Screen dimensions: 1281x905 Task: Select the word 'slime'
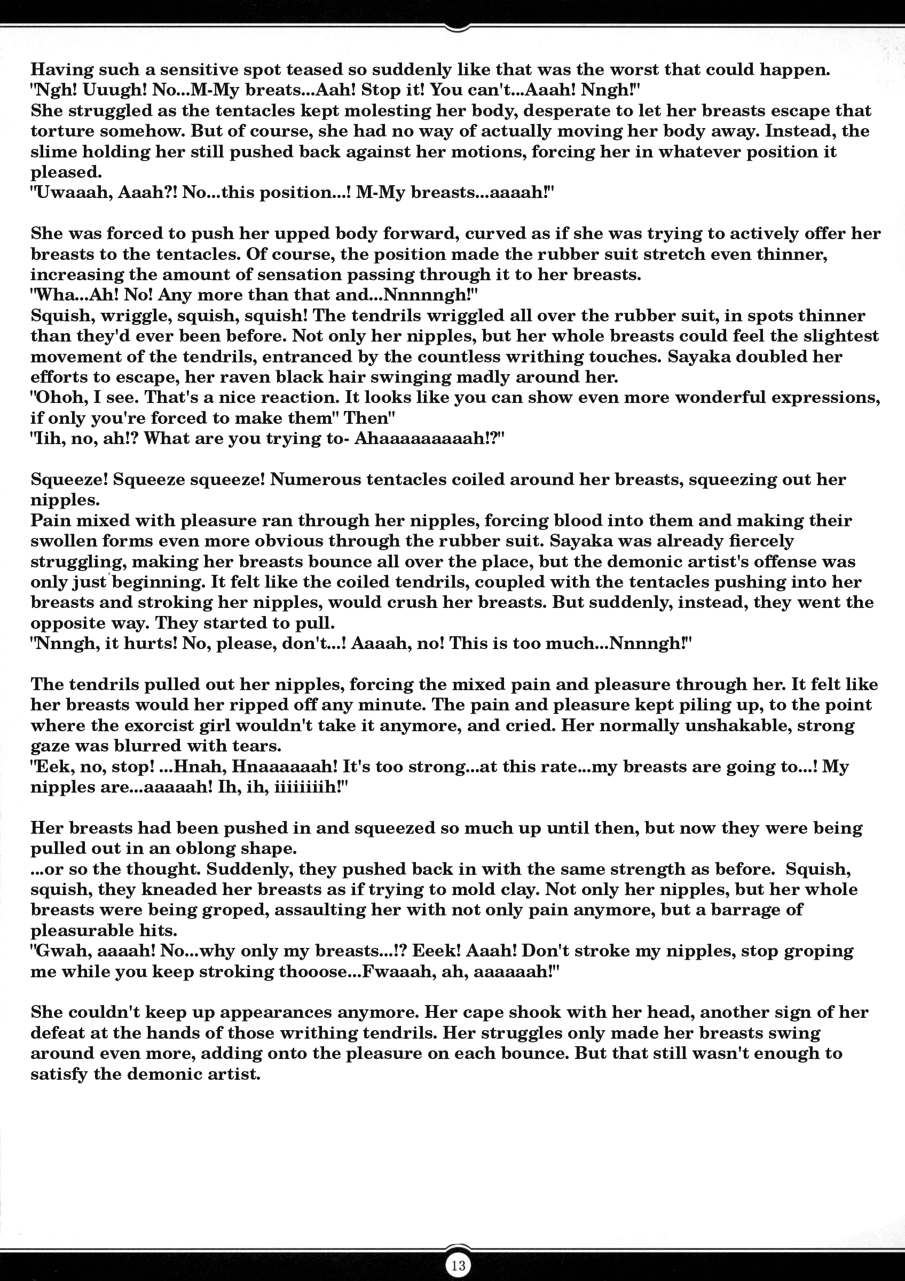(x=54, y=152)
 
